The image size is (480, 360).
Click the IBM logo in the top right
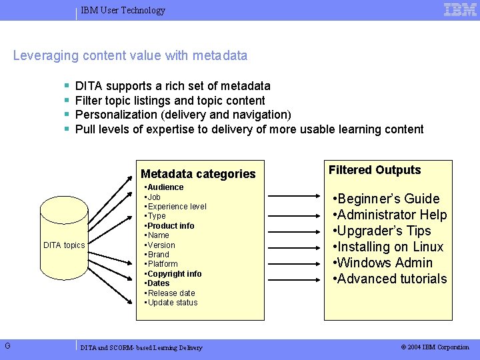tap(460, 10)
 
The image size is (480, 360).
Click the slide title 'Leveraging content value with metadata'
tap(130, 56)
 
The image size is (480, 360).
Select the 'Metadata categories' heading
tap(198, 174)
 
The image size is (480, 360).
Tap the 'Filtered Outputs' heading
tap(375, 170)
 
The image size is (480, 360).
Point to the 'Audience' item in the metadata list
tap(165, 187)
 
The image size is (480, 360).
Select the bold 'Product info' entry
tap(171, 226)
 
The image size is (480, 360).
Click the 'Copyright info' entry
tap(174, 274)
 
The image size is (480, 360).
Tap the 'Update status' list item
tap(172, 303)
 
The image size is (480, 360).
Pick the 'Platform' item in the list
tap(163, 264)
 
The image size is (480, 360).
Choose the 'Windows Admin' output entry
tap(385, 263)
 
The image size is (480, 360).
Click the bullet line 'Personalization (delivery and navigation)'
tap(183, 115)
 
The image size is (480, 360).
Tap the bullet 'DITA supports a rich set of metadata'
tap(173, 86)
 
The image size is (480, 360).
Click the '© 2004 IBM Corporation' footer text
tap(435, 347)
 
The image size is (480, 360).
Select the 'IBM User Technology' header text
tap(123, 11)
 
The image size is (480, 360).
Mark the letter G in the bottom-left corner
tap(7, 345)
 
